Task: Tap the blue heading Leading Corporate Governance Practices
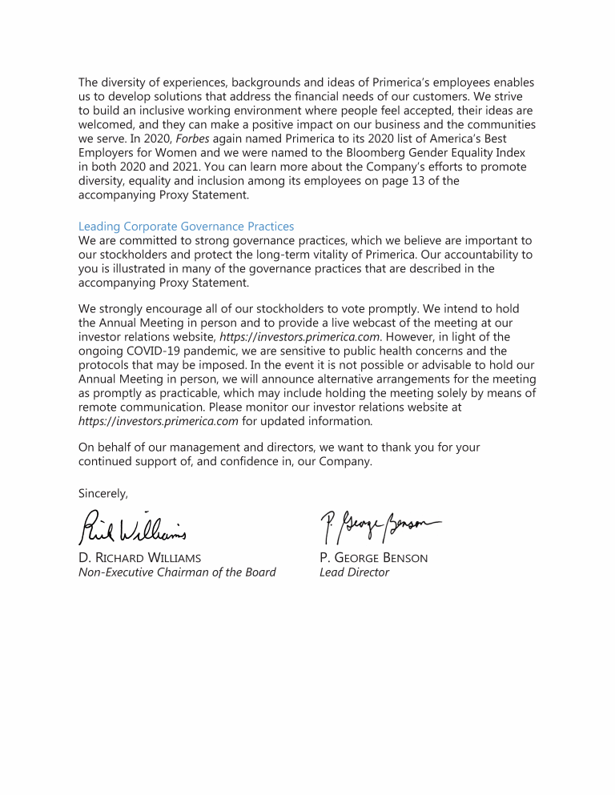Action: (186, 226)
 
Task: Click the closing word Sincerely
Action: (103, 492)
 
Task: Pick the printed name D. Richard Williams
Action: (140, 557)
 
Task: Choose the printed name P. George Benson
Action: (373, 557)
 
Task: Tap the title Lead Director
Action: (354, 572)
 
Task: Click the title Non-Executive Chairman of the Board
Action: (177, 572)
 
